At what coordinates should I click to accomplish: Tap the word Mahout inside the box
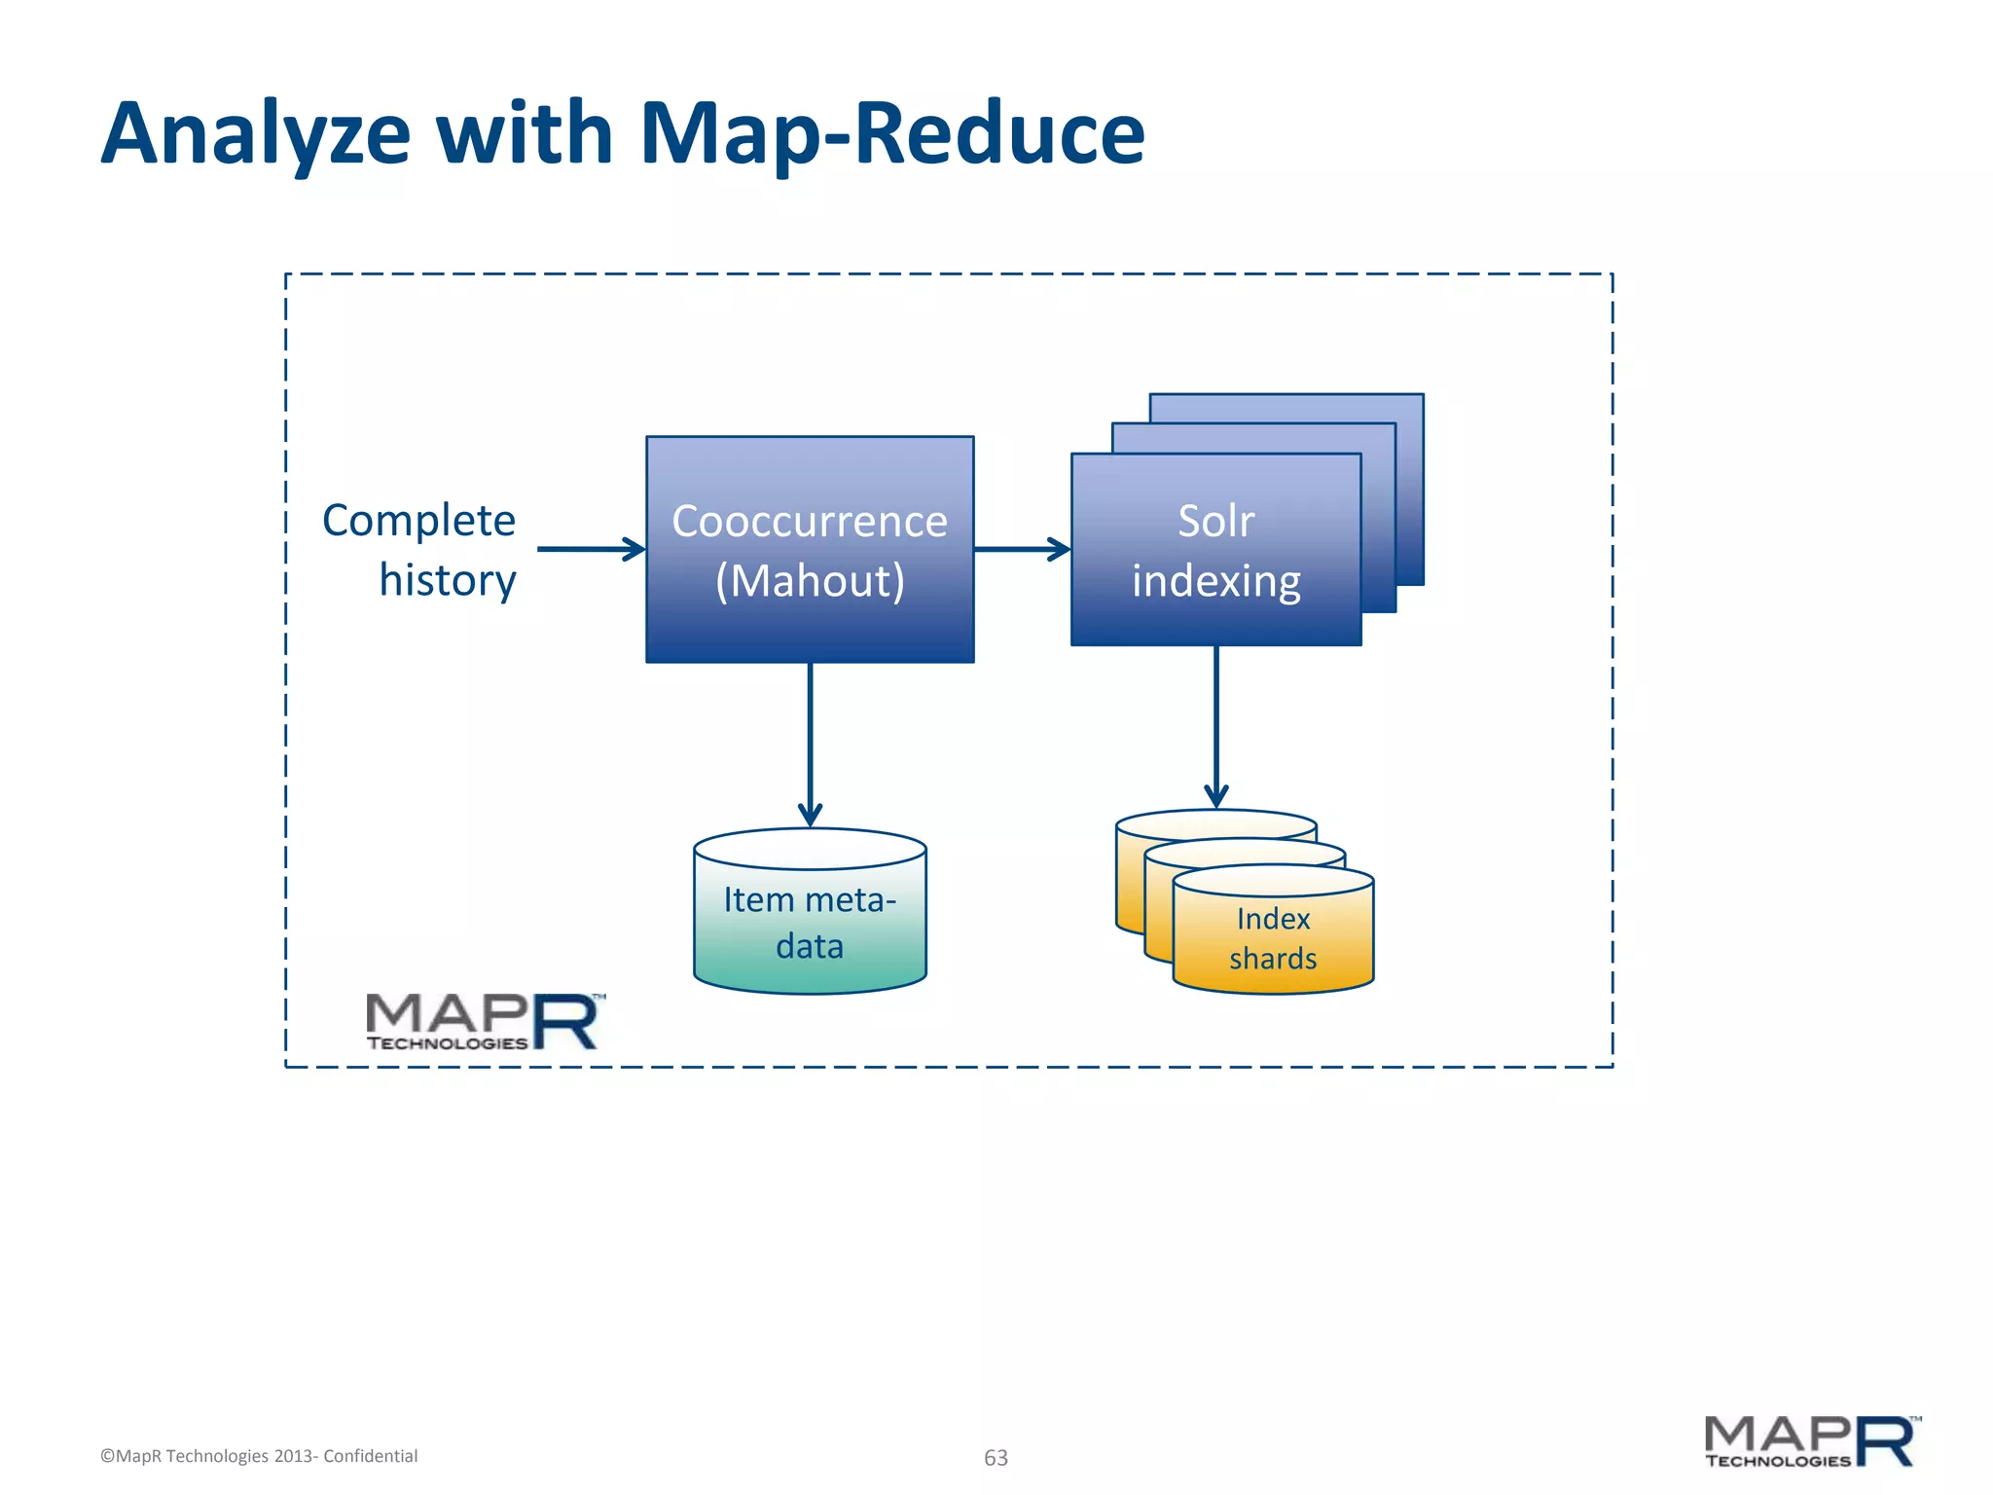(810, 581)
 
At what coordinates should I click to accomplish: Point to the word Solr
(1215, 521)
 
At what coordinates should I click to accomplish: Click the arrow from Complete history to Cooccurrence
(590, 549)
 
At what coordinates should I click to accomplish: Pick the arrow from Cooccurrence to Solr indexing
(1021, 549)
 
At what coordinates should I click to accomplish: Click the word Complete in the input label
(418, 521)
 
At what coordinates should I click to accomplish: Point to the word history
(447, 581)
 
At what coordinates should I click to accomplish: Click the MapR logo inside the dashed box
(484, 1021)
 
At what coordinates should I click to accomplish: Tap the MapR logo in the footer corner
(1811, 1441)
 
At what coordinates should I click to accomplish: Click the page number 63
(996, 1457)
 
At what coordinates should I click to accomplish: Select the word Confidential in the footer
(370, 1456)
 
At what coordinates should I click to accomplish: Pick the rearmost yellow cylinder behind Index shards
(1129, 876)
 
